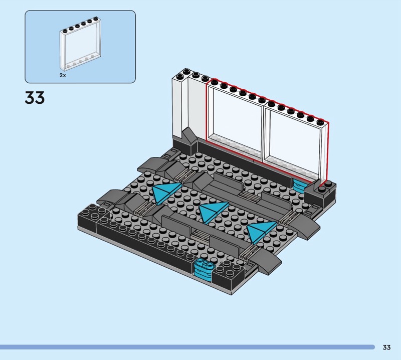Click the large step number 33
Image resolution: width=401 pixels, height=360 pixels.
(x=35, y=97)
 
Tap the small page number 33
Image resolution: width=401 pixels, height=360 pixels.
(x=386, y=347)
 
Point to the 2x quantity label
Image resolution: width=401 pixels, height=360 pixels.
(x=63, y=75)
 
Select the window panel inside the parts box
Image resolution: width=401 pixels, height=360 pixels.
(x=80, y=44)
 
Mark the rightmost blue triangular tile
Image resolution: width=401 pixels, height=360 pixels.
(x=261, y=231)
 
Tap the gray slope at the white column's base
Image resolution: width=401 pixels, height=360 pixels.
(x=189, y=137)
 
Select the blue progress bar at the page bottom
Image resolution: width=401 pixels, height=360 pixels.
(x=187, y=347)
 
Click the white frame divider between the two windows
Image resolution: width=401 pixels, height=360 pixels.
(x=264, y=133)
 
